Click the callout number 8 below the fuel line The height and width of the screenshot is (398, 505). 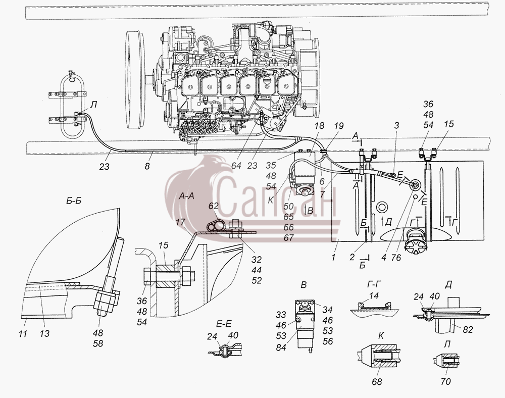coord(147,167)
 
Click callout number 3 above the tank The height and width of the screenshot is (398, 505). coord(397,125)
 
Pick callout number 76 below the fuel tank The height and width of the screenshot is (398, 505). coord(396,258)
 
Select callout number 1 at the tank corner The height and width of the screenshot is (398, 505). coord(334,257)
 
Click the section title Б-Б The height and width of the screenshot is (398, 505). coord(74,201)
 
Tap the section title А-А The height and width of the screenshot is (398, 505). coord(186,195)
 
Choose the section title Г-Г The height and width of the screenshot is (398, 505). coord(374,284)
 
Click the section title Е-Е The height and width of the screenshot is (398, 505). coord(224,323)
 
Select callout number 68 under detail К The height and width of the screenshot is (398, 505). coord(377,381)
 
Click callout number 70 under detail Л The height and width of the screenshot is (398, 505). coord(446,381)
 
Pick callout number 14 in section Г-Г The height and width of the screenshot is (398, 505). coord(374,295)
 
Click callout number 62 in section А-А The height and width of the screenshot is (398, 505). coord(213,206)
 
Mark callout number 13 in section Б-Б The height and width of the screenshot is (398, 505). coord(44,333)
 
